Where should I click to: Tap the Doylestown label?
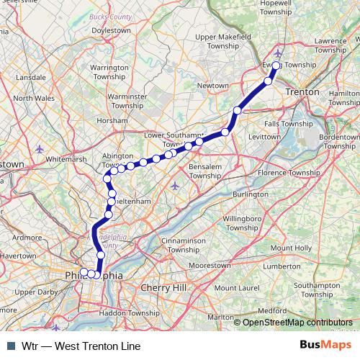click(119, 31)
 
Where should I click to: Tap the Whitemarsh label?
click(66, 159)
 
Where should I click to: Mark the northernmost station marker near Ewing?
click(276, 65)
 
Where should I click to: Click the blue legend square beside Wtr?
click(10, 346)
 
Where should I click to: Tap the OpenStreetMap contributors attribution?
click(297, 323)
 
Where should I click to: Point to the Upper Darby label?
click(35, 292)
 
